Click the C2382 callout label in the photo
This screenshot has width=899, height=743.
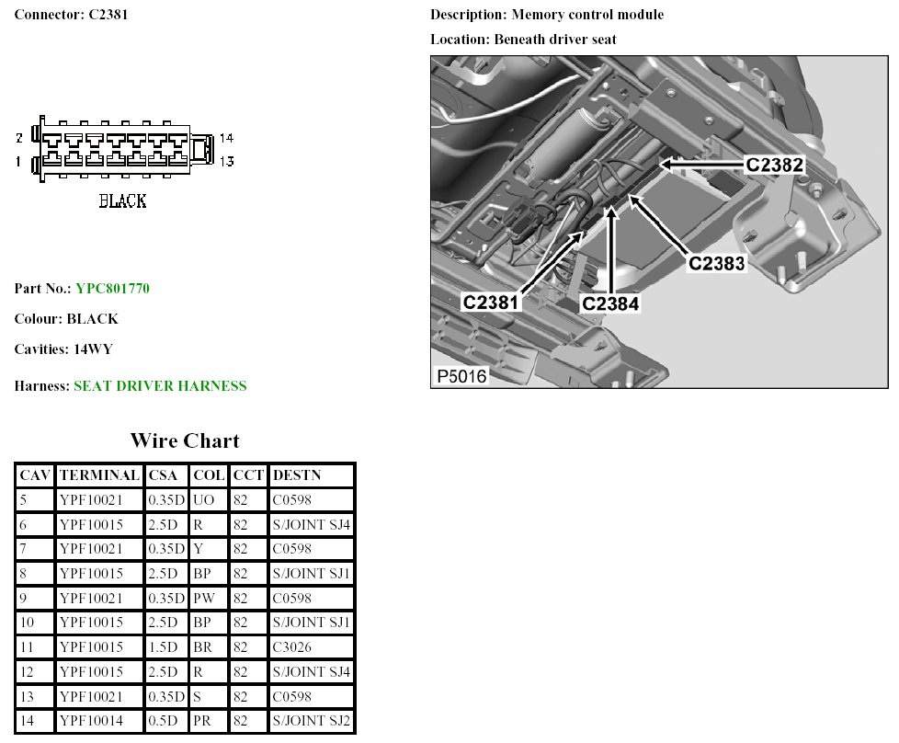tap(775, 166)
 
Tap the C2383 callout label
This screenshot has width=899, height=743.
tap(717, 263)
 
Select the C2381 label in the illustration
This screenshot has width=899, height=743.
tap(490, 303)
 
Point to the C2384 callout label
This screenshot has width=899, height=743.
tap(610, 303)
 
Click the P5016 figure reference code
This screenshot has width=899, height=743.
tap(461, 376)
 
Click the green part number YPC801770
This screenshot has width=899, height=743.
tap(112, 288)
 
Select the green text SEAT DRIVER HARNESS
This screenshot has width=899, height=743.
tap(160, 385)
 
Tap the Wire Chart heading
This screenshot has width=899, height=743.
tap(185, 440)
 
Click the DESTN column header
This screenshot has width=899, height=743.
tap(296, 475)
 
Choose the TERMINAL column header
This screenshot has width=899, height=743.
tap(99, 475)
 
